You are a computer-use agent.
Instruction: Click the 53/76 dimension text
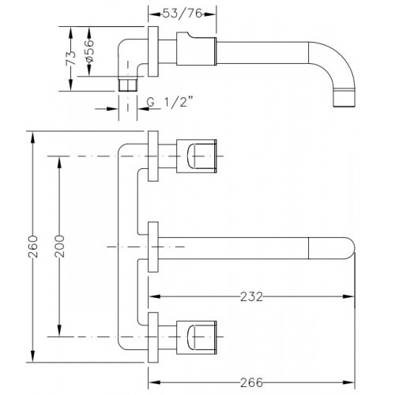[x=182, y=13]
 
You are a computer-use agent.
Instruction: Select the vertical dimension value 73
[x=70, y=58]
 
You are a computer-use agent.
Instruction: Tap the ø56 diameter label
[x=89, y=51]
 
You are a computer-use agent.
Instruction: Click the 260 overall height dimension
[x=33, y=246]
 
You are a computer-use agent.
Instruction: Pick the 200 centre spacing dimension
[x=59, y=246]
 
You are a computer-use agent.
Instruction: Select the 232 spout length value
[x=251, y=297]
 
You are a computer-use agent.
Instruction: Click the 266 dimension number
[x=251, y=382]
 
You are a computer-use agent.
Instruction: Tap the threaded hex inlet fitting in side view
[x=128, y=84]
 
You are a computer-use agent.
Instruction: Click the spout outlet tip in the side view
[x=344, y=98]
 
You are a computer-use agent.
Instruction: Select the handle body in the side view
[x=196, y=49]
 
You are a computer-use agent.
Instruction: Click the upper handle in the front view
[x=196, y=156]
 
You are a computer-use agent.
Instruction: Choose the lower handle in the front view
[x=196, y=337]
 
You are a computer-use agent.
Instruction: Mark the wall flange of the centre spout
[x=153, y=246]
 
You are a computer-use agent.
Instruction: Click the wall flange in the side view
[x=153, y=51]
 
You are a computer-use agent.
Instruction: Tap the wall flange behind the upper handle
[x=153, y=156]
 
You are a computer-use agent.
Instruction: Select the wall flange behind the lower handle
[x=153, y=337]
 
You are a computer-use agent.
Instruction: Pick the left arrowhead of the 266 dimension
[x=154, y=382]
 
